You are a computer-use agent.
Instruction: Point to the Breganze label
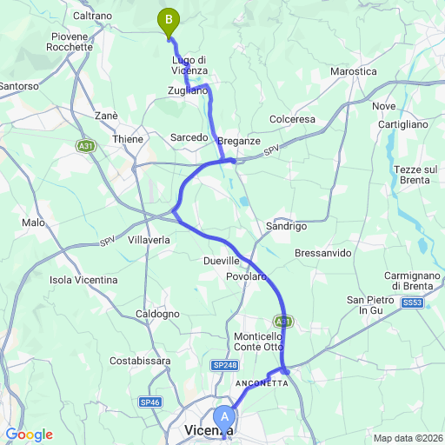239,141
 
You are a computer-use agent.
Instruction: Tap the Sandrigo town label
286,226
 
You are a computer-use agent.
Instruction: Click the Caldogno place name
157,314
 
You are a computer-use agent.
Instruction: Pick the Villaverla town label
150,239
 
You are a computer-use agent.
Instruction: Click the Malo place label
33,223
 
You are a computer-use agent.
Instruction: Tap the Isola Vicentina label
83,280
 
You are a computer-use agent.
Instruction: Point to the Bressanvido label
322,253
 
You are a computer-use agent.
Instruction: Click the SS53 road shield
412,302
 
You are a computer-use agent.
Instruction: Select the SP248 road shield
223,367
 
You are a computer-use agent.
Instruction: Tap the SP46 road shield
149,402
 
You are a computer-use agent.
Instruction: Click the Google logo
29,435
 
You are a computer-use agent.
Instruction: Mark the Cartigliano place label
402,124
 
